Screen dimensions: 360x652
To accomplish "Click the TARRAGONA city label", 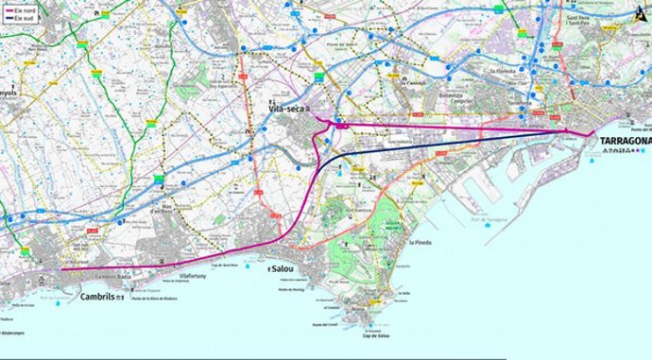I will [626, 142].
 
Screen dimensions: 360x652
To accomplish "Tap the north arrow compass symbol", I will [642, 10].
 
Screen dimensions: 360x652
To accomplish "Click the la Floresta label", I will [500, 70].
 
